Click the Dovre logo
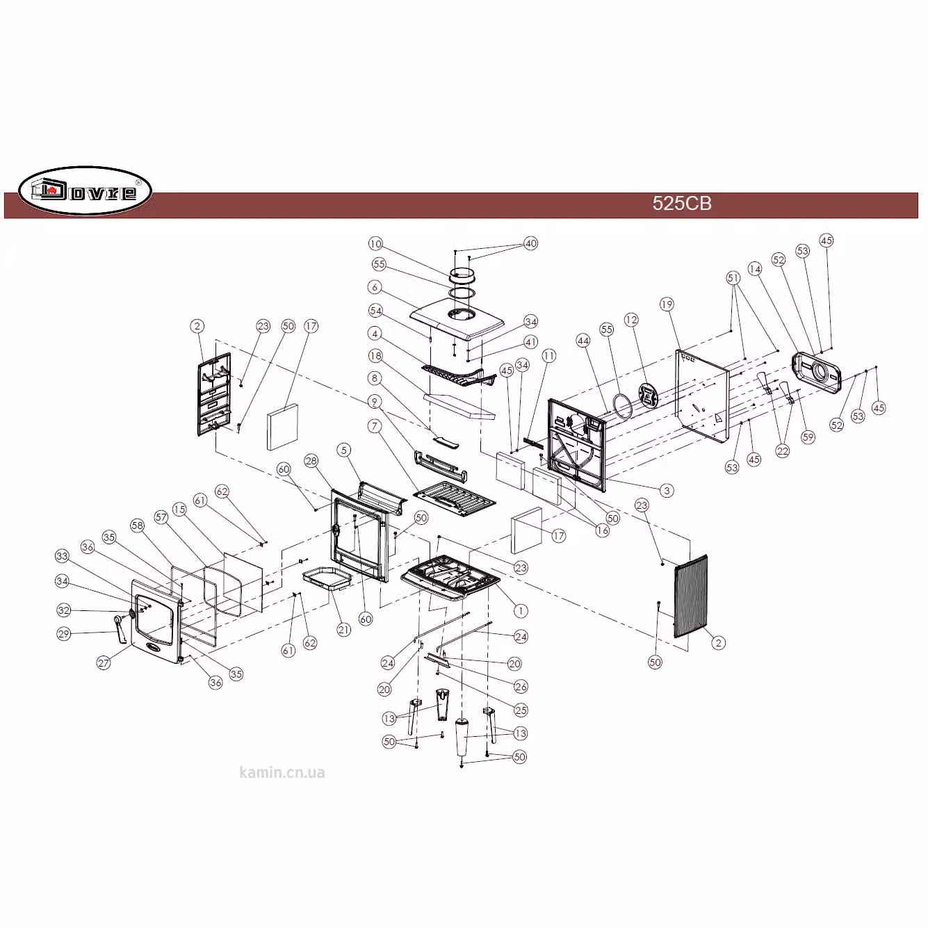[85, 190]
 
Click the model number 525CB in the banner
[681, 204]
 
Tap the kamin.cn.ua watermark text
[282, 773]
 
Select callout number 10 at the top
[375, 244]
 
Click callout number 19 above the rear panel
[667, 304]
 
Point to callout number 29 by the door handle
[63, 633]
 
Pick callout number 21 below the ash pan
[343, 629]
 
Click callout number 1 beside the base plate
[521, 610]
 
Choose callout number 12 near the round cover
[631, 320]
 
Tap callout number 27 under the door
[104, 662]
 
